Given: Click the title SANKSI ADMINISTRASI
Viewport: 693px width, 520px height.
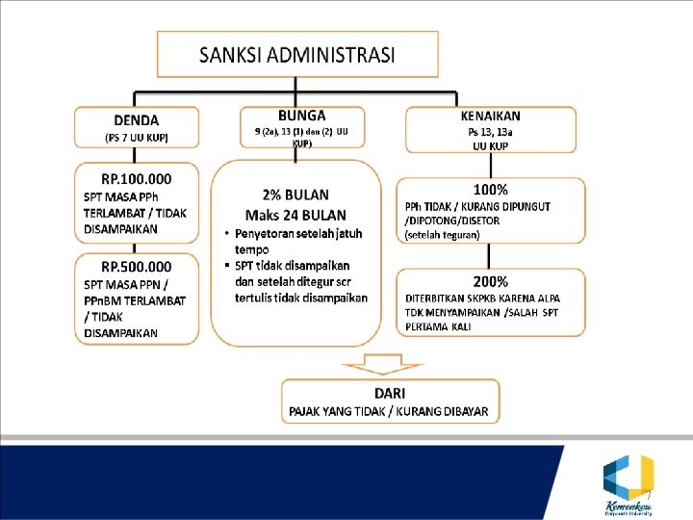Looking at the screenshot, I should pos(296,55).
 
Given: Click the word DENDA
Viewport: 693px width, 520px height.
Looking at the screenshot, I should pos(137,120).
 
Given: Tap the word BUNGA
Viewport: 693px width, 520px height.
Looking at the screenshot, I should pos(301,115).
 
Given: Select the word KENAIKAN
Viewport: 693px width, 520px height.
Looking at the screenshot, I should pos(490,116).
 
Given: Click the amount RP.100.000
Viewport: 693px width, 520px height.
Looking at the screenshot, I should pos(137,178).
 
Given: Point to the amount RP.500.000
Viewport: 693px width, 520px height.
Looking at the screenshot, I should pos(137,267).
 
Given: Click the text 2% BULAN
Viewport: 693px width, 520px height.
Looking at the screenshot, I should pos(295,195).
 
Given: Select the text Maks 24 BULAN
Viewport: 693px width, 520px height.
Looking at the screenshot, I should pos(295,214).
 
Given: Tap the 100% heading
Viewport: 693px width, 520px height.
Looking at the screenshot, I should pos(491,190).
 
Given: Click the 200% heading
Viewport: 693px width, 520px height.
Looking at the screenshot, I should pos(491,281).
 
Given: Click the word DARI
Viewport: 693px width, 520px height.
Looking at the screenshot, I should pos(389,393).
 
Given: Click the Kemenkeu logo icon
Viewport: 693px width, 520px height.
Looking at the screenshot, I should pos(628,476).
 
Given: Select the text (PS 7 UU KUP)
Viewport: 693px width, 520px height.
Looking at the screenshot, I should pos(137,138).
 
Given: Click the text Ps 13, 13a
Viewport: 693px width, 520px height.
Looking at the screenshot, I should pos(491,132).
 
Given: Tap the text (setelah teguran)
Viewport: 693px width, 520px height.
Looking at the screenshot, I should pos(443,234).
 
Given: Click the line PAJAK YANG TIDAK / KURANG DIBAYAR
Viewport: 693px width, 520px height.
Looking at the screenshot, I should pos(389,411).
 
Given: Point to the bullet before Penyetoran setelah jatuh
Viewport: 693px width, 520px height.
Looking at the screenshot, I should pos(225,234).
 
